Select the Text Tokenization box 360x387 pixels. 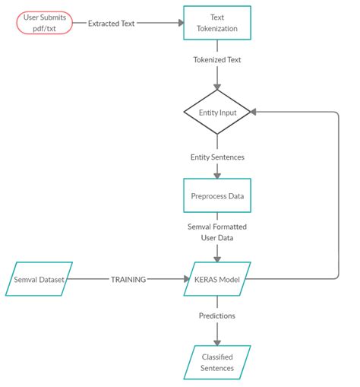(x=217, y=23)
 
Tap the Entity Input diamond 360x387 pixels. (x=217, y=113)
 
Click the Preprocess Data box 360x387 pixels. (x=217, y=195)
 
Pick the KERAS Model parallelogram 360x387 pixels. (x=217, y=279)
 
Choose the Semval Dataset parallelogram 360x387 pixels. (x=39, y=279)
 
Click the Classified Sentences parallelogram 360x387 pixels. (x=217, y=362)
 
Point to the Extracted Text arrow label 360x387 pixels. (x=111, y=24)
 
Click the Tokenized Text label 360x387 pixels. (x=217, y=59)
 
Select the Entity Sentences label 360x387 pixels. (x=217, y=157)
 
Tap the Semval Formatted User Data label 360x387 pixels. (x=217, y=232)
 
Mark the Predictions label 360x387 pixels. (x=217, y=315)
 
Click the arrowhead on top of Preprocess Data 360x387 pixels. (x=217, y=175)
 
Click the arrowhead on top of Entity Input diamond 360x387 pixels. (x=217, y=87)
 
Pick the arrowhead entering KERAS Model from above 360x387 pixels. (x=217, y=259)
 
